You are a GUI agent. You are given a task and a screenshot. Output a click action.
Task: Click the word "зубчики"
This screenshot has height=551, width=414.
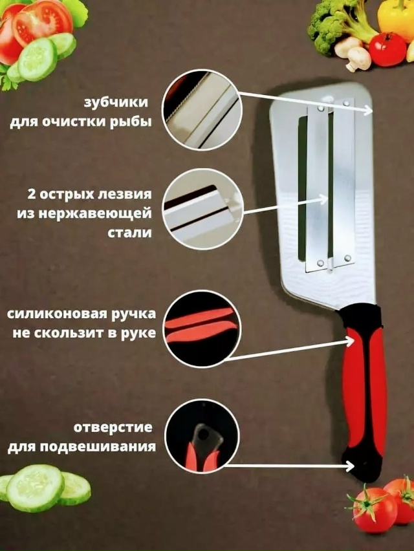point(115,103)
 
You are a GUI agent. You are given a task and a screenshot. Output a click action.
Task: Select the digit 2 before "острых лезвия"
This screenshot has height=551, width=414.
point(32,193)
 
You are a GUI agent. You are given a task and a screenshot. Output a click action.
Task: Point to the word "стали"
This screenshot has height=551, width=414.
point(129,233)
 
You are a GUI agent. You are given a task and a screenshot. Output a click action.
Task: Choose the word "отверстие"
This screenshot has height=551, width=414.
point(113,427)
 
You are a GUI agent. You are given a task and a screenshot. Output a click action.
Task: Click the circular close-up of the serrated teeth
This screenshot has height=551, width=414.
point(202,110)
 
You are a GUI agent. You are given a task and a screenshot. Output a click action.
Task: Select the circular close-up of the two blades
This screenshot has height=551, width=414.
point(203,210)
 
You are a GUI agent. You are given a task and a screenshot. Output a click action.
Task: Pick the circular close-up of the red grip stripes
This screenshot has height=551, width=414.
point(202,329)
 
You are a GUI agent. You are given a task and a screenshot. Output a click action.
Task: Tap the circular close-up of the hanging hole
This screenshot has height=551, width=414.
point(202,436)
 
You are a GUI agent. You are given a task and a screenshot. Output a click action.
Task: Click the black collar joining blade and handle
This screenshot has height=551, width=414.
point(359,317)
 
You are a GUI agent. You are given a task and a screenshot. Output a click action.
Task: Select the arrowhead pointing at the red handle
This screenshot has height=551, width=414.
point(350,341)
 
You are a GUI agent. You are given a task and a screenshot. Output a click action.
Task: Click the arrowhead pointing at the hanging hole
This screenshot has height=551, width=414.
point(350,466)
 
